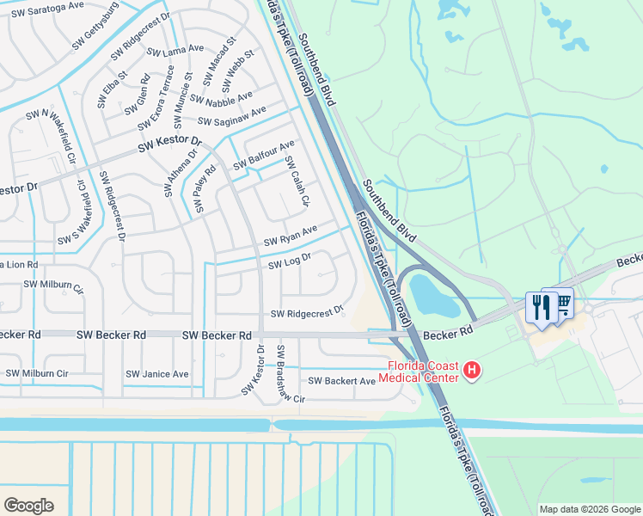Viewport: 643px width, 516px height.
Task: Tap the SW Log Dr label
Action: tap(289, 261)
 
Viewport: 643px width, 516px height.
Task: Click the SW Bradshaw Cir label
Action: tap(290, 375)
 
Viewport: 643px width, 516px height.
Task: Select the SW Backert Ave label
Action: tap(342, 381)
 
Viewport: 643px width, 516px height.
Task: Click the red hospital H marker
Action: tap(471, 371)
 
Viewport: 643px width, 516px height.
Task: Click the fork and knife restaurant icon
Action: tap(540, 305)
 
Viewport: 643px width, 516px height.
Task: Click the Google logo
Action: tap(28, 505)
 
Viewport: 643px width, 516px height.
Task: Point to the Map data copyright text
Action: tap(589, 508)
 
